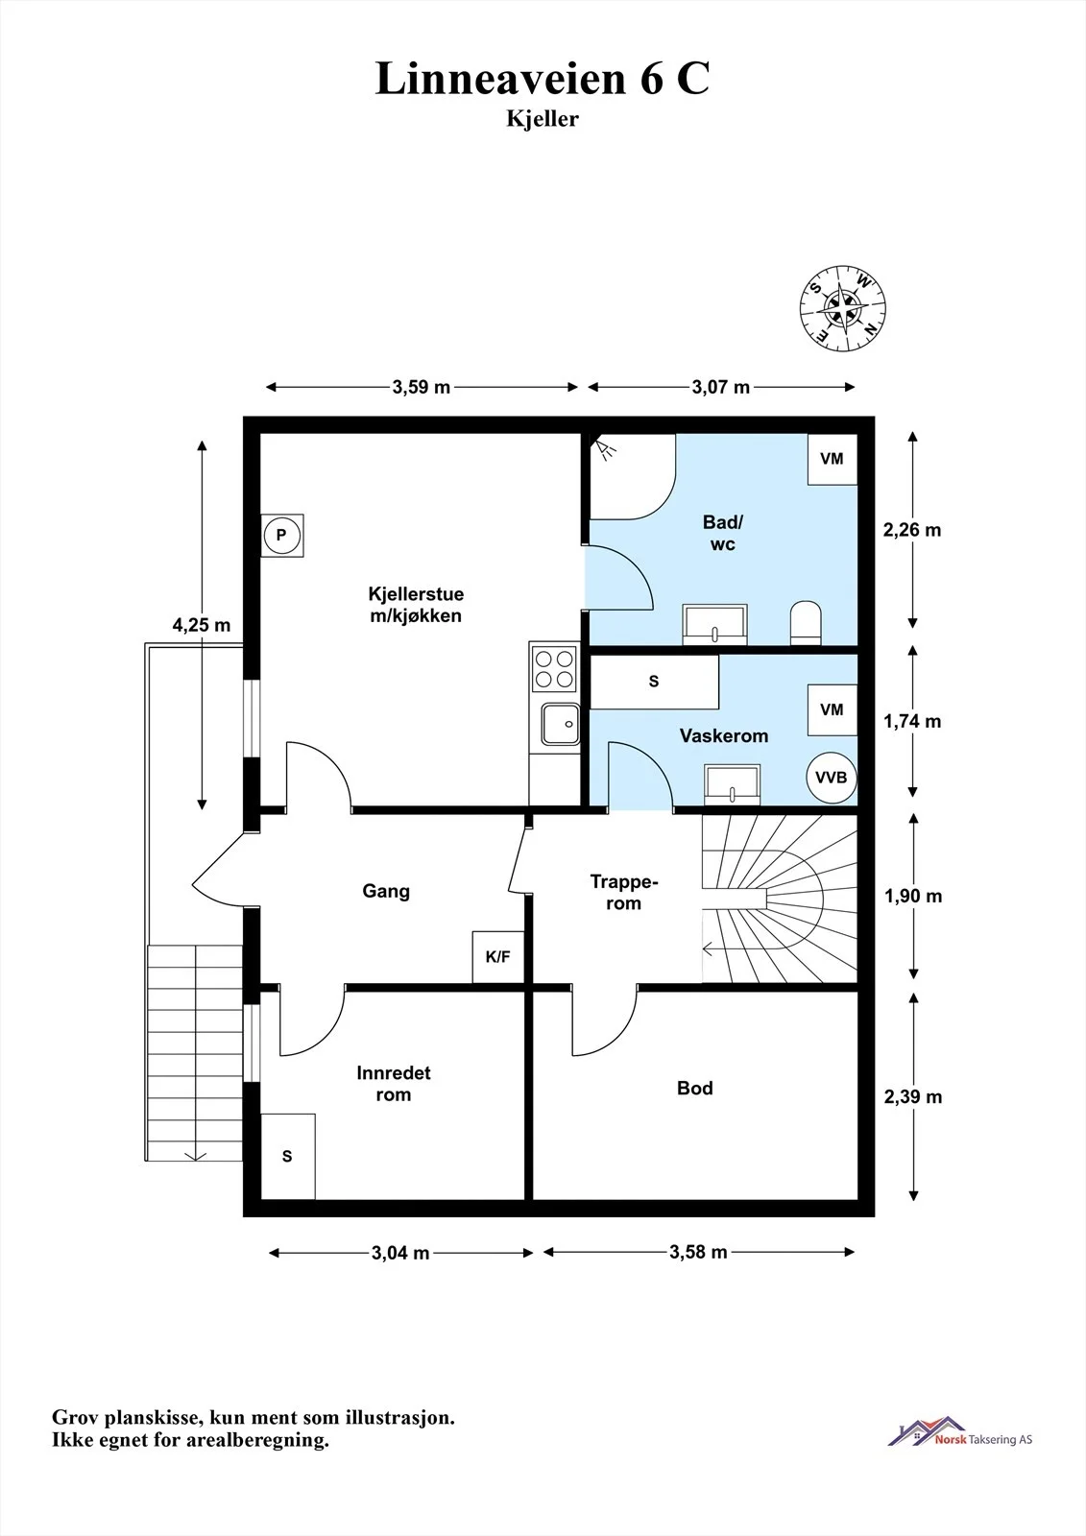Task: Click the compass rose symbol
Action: pyautogui.click(x=842, y=308)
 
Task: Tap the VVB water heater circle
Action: pyautogui.click(x=831, y=778)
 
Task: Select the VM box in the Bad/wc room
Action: pyautogui.click(x=833, y=459)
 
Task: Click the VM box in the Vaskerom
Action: pyautogui.click(x=833, y=709)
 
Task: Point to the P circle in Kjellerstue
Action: pyautogui.click(x=281, y=536)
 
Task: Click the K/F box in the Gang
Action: pyautogui.click(x=498, y=956)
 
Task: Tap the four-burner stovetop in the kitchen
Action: pyautogui.click(x=554, y=668)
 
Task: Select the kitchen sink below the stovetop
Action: pyautogui.click(x=561, y=724)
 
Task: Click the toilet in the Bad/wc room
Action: pyautogui.click(x=806, y=623)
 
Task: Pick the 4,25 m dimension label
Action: pyautogui.click(x=201, y=625)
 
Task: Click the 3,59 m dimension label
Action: pyautogui.click(x=422, y=388)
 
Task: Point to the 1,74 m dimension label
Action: pyautogui.click(x=912, y=721)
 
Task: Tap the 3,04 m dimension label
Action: pyautogui.click(x=400, y=1254)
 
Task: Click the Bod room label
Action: pyautogui.click(x=695, y=1089)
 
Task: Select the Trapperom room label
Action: pyautogui.click(x=623, y=892)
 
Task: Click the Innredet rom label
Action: pyautogui.click(x=393, y=1084)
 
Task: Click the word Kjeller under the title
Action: pyautogui.click(x=542, y=119)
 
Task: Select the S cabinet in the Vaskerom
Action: pyautogui.click(x=655, y=682)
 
